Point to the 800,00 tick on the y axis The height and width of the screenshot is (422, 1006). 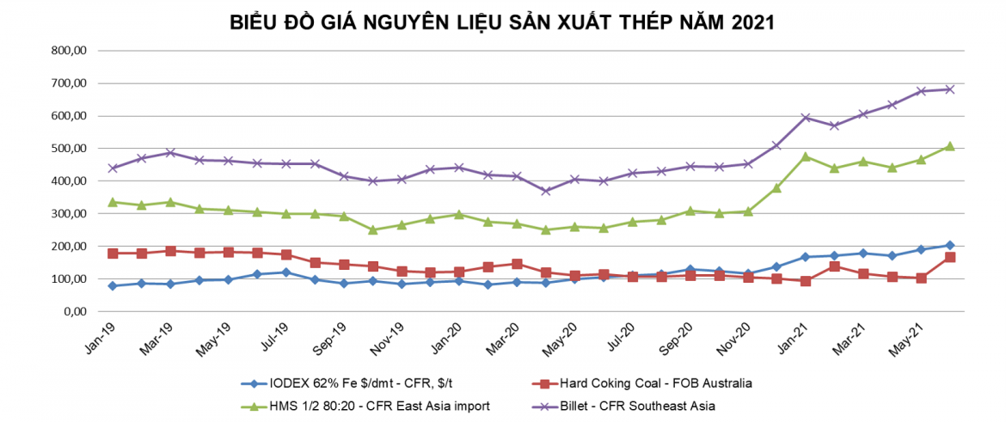tap(71, 51)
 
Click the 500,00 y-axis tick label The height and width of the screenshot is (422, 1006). tap(71, 149)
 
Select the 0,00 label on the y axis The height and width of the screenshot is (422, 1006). tap(78, 312)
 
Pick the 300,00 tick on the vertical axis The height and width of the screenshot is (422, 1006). tap(71, 214)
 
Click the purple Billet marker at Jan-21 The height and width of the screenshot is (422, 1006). tap(806, 117)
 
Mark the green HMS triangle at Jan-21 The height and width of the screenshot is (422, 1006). tap(806, 156)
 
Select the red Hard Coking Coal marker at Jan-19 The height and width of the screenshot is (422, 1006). tap(113, 254)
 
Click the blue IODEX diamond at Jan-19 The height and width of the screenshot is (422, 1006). tap(113, 285)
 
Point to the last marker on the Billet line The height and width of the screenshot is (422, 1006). tap(950, 89)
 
